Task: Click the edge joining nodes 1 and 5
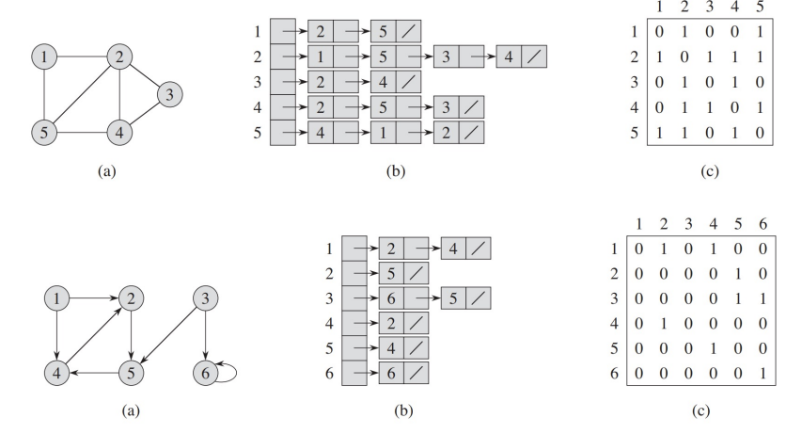coord(45,94)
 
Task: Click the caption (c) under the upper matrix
coord(709,172)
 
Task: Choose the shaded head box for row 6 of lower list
coord(354,373)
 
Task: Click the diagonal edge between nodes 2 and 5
coord(81,93)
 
